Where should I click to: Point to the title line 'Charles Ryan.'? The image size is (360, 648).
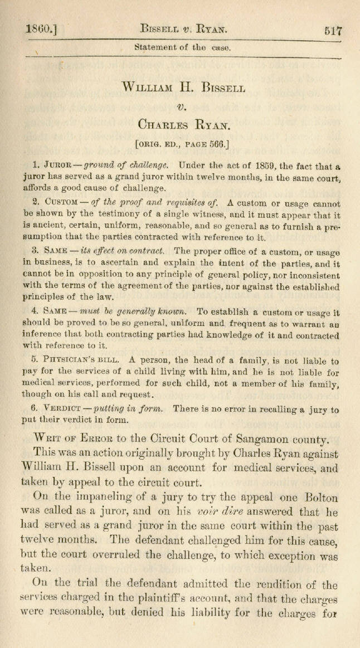[x=183, y=125]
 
